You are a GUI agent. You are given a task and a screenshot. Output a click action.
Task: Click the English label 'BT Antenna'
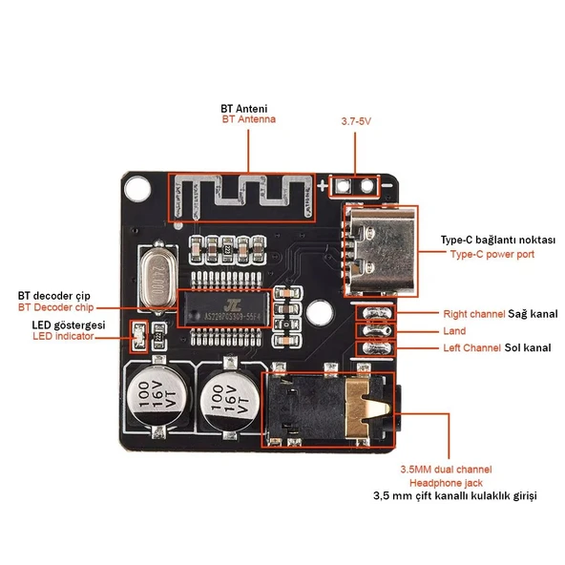248,119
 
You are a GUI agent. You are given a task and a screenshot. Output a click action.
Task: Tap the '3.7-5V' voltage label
356,122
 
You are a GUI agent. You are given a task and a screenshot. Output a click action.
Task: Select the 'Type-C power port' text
492,255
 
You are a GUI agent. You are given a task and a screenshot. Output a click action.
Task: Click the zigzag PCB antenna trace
243,198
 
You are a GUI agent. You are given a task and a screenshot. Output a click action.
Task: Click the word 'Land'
454,330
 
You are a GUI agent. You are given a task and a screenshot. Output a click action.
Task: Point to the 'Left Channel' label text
471,347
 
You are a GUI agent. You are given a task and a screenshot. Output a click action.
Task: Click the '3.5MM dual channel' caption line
446,470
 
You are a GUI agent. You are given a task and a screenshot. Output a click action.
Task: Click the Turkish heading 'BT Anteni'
243,107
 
